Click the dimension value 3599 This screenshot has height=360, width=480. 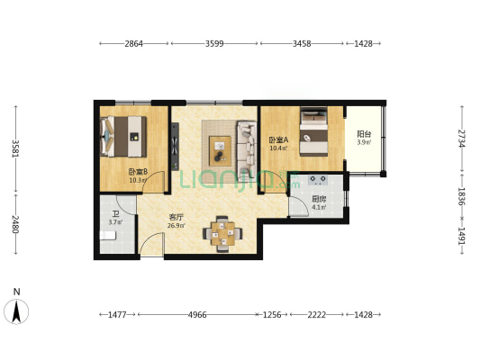(x=214, y=44)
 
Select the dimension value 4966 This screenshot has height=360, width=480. (x=197, y=314)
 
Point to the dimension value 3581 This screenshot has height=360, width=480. (x=15, y=148)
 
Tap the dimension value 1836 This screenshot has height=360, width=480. (x=462, y=196)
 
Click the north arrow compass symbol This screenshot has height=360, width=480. (x=16, y=311)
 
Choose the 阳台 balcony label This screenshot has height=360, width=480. (x=364, y=134)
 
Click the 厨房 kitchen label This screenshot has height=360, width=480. (x=319, y=200)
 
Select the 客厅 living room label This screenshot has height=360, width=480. (x=177, y=218)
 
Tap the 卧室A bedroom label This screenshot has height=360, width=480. (x=278, y=140)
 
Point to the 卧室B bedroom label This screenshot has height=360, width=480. (x=138, y=172)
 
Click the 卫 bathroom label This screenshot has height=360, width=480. (x=115, y=213)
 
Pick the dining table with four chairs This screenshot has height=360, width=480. (x=222, y=234)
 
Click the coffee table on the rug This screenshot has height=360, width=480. (x=220, y=151)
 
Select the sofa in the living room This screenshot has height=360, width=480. (x=247, y=148)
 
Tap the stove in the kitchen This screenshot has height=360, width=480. (x=318, y=180)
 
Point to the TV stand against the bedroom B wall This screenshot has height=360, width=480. (x=175, y=147)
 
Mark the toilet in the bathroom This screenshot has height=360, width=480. (x=108, y=236)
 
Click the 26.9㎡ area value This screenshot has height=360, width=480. (x=176, y=226)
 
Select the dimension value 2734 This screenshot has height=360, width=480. (x=462, y=139)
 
